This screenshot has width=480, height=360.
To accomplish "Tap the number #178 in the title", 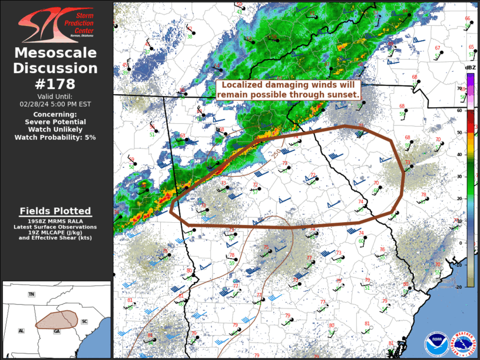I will tap(55, 84).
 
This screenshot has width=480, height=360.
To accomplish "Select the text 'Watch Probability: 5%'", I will tap(55, 137).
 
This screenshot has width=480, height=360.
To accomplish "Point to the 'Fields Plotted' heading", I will tap(55, 211).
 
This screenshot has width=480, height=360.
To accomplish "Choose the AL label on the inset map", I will tap(21, 331).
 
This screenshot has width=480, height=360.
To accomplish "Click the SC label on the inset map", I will tap(85, 322).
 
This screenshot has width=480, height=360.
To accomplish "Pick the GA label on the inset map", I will tap(57, 332).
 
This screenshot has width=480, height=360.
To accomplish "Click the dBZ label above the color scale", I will tap(470, 68).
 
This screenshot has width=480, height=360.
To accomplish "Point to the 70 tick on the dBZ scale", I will tap(461, 88).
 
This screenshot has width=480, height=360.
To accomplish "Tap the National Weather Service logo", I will tap(463, 344).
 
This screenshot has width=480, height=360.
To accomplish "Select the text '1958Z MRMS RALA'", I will tap(55, 221).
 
